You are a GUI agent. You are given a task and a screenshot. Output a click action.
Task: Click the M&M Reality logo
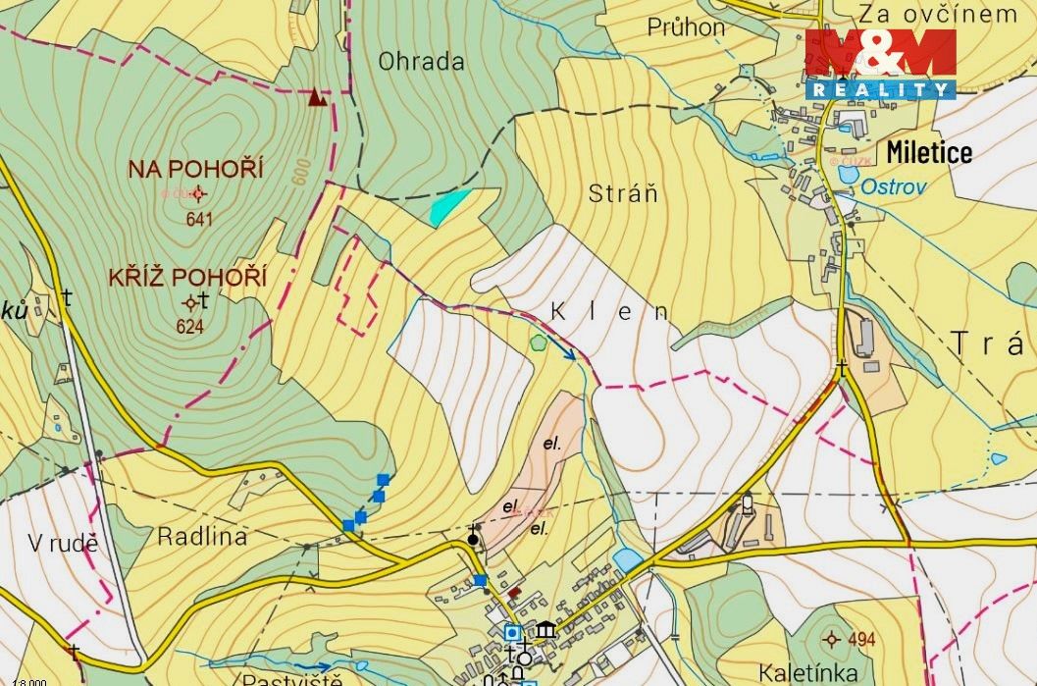[x=880, y=64]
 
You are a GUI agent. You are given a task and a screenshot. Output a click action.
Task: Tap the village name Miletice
[x=928, y=152]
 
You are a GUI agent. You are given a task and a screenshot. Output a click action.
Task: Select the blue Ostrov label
[x=893, y=186]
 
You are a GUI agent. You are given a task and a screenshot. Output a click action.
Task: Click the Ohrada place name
[x=421, y=62]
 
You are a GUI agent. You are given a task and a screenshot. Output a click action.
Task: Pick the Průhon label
[x=686, y=27]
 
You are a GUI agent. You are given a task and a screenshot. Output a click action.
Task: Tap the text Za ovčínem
[x=937, y=13]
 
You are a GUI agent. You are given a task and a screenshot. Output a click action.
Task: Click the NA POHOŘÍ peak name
[x=196, y=169]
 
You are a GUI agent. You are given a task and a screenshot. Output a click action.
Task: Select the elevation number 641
[x=198, y=220]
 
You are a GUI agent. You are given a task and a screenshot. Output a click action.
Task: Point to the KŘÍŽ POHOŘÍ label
[x=188, y=278]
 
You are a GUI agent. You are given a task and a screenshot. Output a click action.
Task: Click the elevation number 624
[x=189, y=327]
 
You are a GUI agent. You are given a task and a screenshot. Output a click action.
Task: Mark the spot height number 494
[x=860, y=641]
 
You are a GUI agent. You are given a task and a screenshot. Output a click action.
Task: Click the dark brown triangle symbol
[x=316, y=96]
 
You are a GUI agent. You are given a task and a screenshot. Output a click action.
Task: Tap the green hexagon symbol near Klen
[x=537, y=343]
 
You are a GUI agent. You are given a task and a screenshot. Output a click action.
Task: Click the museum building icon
[x=546, y=630]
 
